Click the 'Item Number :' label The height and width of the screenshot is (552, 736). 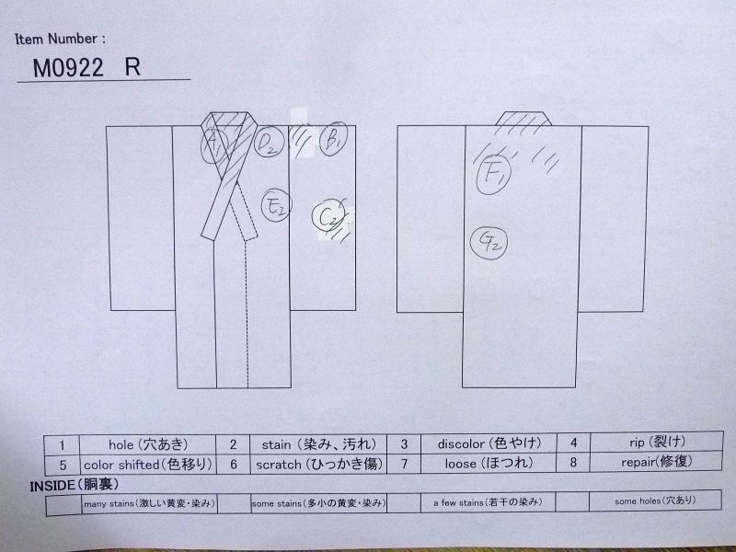tap(61, 40)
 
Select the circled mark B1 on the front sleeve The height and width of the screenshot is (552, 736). tap(332, 140)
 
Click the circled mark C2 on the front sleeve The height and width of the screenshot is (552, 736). tap(328, 217)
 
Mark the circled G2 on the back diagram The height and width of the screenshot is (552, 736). tap(489, 242)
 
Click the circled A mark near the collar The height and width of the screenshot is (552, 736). tap(214, 144)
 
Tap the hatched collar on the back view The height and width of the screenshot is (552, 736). tap(523, 119)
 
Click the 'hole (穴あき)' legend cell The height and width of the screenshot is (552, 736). tap(136, 443)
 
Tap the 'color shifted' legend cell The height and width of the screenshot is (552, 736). tap(136, 464)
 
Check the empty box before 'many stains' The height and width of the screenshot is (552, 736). tap(62, 503)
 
